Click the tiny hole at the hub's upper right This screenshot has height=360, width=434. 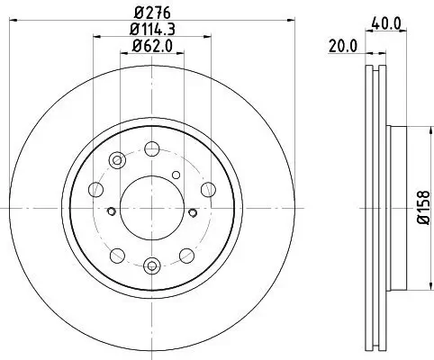click(176, 174)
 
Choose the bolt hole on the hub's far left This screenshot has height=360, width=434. click(94, 189)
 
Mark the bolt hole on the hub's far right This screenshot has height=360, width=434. click(209, 189)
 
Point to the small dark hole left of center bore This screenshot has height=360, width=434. click(111, 212)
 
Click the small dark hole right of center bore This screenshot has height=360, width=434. click(192, 212)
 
